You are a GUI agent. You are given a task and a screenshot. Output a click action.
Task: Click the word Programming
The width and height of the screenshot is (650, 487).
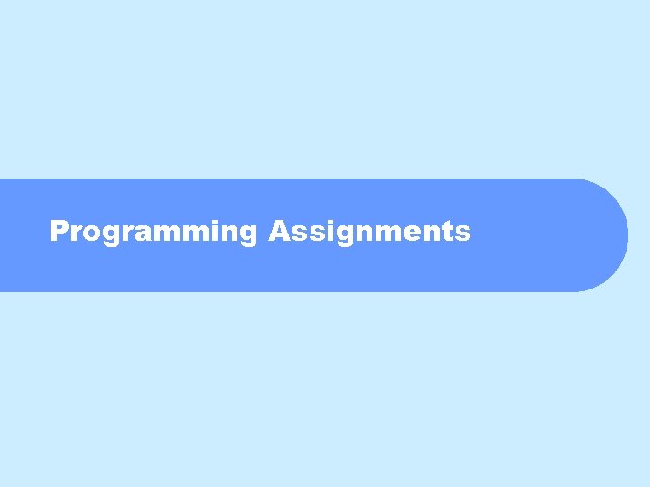(153, 232)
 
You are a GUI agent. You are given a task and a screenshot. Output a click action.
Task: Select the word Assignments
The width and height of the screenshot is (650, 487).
(369, 232)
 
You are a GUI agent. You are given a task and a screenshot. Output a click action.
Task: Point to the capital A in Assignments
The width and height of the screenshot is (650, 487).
(277, 232)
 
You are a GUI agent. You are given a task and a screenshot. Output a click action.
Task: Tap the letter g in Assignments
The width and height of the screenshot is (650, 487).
(342, 235)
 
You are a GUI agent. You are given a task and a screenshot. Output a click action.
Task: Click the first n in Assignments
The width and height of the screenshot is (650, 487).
(362, 234)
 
